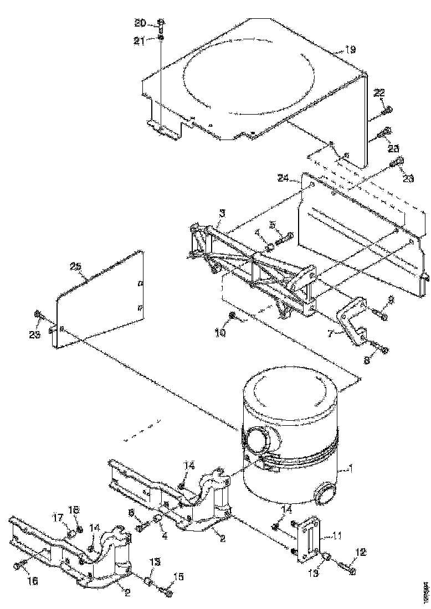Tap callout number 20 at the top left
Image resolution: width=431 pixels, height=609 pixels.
pyautogui.click(x=141, y=23)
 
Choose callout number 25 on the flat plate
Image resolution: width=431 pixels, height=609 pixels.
pyautogui.click(x=76, y=267)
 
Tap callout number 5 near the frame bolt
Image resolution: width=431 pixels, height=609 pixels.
pyautogui.click(x=272, y=225)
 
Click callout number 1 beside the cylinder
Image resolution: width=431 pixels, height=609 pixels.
pyautogui.click(x=350, y=470)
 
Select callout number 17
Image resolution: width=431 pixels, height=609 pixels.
pyautogui.click(x=58, y=519)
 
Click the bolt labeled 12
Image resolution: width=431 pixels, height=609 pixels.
pyautogui.click(x=346, y=567)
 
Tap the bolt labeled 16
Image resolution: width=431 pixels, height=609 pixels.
pyautogui.click(x=17, y=565)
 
